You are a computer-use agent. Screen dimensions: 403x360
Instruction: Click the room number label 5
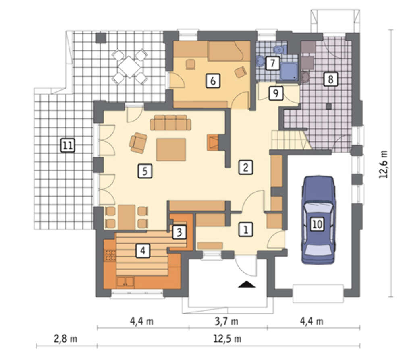pyautogui.click(x=145, y=171)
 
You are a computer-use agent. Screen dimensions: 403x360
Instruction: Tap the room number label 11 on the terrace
pyautogui.click(x=68, y=146)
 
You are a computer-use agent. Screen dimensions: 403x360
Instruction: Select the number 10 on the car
pyautogui.click(x=317, y=224)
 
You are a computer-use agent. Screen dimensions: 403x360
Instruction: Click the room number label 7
pyautogui.click(x=273, y=63)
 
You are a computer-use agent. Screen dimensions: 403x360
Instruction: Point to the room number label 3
pyautogui.click(x=179, y=232)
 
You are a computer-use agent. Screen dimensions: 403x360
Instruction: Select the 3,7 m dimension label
pyautogui.click(x=226, y=321)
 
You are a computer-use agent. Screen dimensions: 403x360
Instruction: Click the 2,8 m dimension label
pyautogui.click(x=65, y=339)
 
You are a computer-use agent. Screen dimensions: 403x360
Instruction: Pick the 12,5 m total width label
pyautogui.click(x=227, y=339)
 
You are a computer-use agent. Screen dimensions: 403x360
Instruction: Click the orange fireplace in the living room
pyautogui.click(x=213, y=142)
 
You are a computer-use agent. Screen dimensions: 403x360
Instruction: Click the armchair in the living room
pyautogui.click(x=138, y=143)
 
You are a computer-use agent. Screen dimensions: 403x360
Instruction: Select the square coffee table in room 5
pyautogui.click(x=171, y=149)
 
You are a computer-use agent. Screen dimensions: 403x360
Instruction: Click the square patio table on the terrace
pyautogui.click(x=129, y=66)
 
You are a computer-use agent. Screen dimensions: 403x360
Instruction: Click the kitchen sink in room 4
pyautogui.click(x=125, y=282)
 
